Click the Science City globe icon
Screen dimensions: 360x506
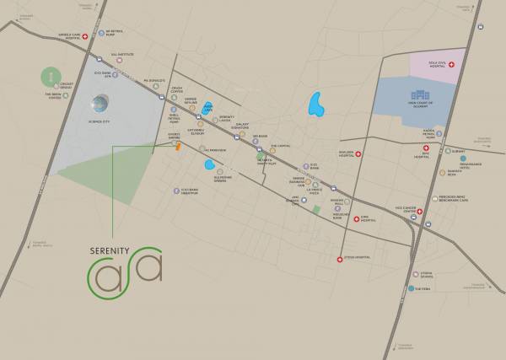(x=100, y=105)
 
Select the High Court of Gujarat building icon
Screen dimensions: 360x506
(x=418, y=98)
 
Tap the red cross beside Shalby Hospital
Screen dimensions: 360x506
(x=358, y=154)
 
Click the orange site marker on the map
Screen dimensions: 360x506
(x=178, y=147)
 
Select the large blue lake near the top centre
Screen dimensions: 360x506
(x=317, y=105)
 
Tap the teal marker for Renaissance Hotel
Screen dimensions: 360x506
(x=439, y=158)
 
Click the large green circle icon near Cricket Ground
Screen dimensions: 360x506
(x=52, y=77)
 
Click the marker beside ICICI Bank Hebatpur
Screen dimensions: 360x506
(x=176, y=191)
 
